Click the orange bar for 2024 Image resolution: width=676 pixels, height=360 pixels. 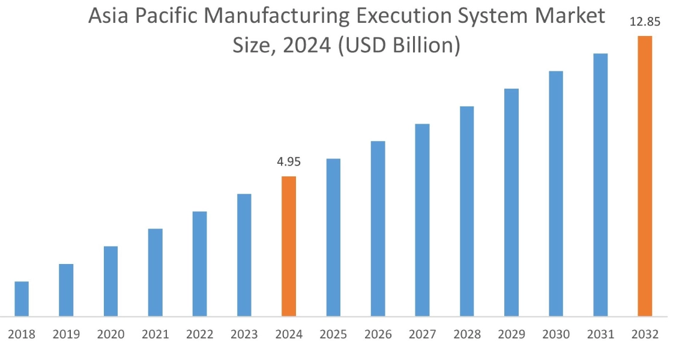point(289,246)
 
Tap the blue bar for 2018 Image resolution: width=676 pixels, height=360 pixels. point(22,298)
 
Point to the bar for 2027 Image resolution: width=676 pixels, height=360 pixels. point(422,220)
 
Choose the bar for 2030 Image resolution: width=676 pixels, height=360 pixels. point(556,193)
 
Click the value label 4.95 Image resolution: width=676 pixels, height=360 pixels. point(289,162)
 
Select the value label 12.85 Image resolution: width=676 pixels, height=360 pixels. point(645,22)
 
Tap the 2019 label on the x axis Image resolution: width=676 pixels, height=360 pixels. point(66,335)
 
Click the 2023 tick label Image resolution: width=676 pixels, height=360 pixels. point(244,335)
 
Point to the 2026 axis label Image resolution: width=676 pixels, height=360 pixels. point(378,335)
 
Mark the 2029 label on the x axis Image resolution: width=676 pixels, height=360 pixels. point(511,335)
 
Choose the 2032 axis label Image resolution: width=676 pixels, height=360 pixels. point(645,335)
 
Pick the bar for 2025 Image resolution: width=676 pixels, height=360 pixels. point(333,237)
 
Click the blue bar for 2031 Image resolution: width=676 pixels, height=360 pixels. point(600,185)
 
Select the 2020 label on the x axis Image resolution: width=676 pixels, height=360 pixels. point(110,335)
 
